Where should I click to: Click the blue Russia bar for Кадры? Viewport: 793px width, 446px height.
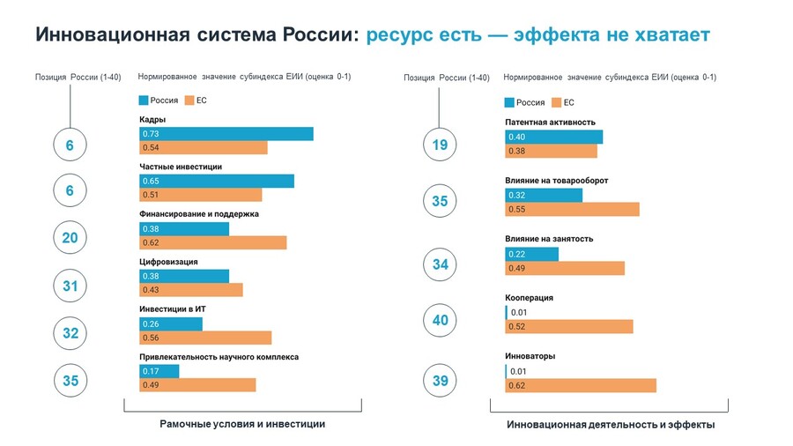(x=226, y=133)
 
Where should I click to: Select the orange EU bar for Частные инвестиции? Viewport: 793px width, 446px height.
(x=201, y=195)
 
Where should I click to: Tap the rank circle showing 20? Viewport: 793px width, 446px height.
(x=70, y=238)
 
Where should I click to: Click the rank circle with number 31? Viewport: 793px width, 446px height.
(x=70, y=286)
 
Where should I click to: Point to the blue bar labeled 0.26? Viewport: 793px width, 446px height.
(x=171, y=323)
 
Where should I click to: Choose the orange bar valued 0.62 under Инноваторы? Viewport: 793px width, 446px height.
(x=581, y=385)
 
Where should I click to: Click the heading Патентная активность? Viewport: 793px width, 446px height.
(x=550, y=123)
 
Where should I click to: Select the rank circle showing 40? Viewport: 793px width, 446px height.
(x=440, y=320)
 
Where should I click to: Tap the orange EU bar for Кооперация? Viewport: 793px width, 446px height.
(x=569, y=327)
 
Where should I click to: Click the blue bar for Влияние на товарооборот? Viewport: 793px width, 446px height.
(x=544, y=195)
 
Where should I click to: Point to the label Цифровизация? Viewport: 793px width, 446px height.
(x=168, y=262)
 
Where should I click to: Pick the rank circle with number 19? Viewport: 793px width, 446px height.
(x=440, y=145)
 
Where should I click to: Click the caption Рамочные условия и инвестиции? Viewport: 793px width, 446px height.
(x=242, y=424)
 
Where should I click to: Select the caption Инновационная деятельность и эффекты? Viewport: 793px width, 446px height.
(x=611, y=425)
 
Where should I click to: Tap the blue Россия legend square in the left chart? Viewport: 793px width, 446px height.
(x=144, y=100)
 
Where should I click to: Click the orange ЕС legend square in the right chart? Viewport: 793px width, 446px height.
(x=556, y=102)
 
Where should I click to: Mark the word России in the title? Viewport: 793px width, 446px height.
(x=320, y=34)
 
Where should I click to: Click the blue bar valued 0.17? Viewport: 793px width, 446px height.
(x=159, y=371)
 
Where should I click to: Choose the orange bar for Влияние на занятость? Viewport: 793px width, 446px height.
(x=565, y=269)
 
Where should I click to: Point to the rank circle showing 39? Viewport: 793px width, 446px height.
(x=440, y=380)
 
